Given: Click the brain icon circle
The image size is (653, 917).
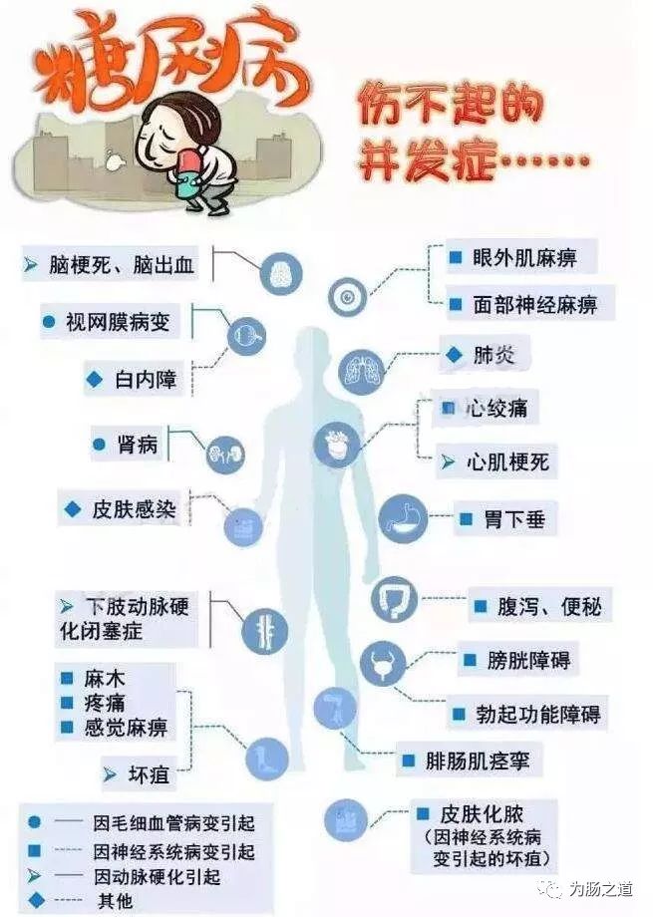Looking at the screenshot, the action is click(x=280, y=273).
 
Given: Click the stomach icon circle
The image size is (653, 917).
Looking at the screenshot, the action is click(x=402, y=519).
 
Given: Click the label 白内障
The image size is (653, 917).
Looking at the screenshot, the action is click(x=146, y=379).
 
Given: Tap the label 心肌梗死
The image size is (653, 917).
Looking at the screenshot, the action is click(x=507, y=462).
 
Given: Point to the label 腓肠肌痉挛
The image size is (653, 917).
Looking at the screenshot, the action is click(x=477, y=762).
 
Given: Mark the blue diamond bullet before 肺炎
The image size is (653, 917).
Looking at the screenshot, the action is click(x=454, y=355).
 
